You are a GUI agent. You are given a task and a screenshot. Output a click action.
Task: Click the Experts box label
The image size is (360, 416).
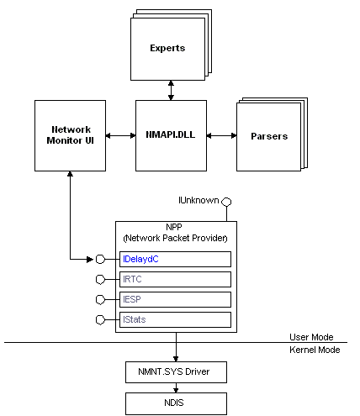point(167,48)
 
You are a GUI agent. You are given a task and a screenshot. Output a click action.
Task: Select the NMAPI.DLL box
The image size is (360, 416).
point(171,135)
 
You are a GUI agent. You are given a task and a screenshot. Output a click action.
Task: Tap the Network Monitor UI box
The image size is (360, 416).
point(70,135)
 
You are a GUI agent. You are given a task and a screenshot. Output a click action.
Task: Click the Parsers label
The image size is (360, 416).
point(269,136)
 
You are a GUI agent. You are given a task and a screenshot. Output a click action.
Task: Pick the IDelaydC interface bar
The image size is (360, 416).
point(175,259)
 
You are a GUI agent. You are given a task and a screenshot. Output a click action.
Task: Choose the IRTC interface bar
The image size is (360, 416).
point(175,279)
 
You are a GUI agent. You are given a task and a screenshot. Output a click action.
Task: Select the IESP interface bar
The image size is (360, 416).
point(175,299)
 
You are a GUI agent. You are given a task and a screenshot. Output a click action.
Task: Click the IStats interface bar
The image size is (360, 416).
point(175,319)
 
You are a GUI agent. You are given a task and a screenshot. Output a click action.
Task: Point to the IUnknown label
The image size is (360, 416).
point(199,200)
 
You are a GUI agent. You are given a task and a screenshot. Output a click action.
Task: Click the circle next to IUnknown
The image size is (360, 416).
point(226,202)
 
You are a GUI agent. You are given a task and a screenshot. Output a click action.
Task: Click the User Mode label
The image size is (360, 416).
point(311,337)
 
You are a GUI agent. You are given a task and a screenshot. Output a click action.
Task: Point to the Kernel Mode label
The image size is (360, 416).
point(315,350)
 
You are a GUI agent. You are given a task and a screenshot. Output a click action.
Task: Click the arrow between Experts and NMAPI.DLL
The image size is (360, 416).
point(171,90)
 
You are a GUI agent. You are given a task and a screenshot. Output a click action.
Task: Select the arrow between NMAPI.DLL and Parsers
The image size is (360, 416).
point(221,135)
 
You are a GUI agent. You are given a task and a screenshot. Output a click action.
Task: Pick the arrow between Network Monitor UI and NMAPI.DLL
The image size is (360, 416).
point(120,135)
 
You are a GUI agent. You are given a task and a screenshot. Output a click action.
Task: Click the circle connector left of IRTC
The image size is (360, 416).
point(100,279)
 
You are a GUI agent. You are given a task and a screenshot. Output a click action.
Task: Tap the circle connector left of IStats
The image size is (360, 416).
point(100,319)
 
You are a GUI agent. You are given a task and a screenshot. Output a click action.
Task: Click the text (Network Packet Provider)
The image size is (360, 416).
point(175,238)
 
